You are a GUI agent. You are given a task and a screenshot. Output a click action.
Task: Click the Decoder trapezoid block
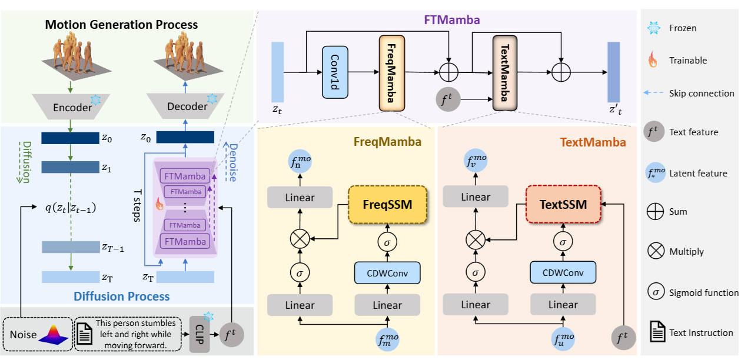(186, 107)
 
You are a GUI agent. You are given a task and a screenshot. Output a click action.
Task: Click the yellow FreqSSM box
(387, 205)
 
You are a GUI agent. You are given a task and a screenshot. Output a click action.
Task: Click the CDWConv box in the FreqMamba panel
(387, 272)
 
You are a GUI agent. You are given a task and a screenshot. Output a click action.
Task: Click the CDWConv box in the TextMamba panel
(563, 272)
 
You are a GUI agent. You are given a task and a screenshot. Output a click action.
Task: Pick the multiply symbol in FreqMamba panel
(300, 239)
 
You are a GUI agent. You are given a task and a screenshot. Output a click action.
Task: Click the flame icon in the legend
(653, 61)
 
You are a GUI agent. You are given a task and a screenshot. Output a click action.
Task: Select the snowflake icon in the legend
(653, 28)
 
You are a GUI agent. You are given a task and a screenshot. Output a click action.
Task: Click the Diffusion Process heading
(122, 296)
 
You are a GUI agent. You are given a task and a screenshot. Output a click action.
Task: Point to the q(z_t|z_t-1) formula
(71, 208)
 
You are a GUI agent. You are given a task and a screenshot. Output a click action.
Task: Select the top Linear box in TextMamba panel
(476, 197)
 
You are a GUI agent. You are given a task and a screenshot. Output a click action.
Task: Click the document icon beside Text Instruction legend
(654, 332)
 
